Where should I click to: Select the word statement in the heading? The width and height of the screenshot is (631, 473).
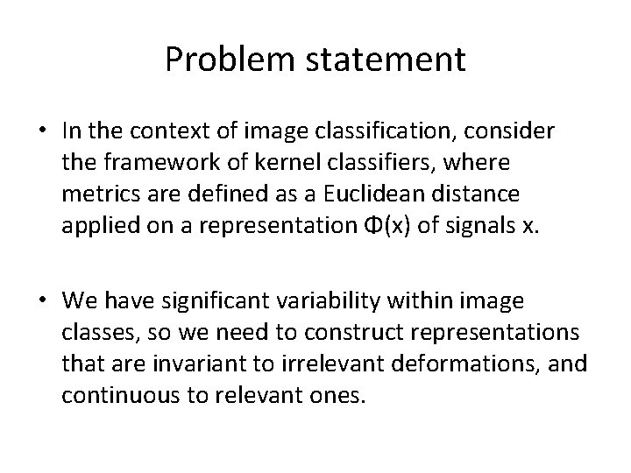coord(392,60)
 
